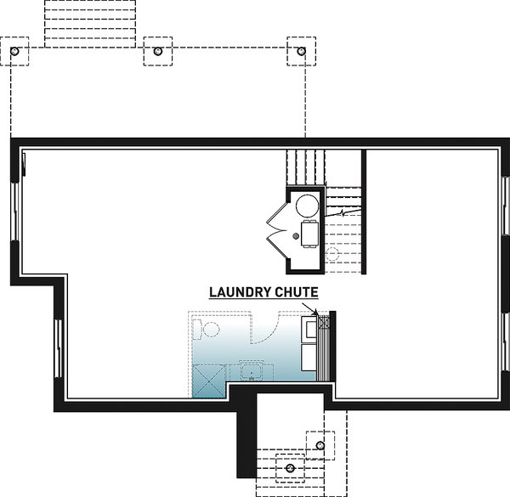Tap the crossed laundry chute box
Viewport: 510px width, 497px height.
click(x=322, y=322)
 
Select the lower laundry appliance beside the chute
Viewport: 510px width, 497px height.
click(x=309, y=361)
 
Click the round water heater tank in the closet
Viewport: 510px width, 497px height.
click(x=307, y=205)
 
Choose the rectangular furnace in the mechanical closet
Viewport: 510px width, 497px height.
click(x=310, y=232)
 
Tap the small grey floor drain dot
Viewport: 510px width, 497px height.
click(x=296, y=234)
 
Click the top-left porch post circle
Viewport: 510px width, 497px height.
click(x=14, y=52)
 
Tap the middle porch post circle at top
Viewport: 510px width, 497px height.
click(x=158, y=52)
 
